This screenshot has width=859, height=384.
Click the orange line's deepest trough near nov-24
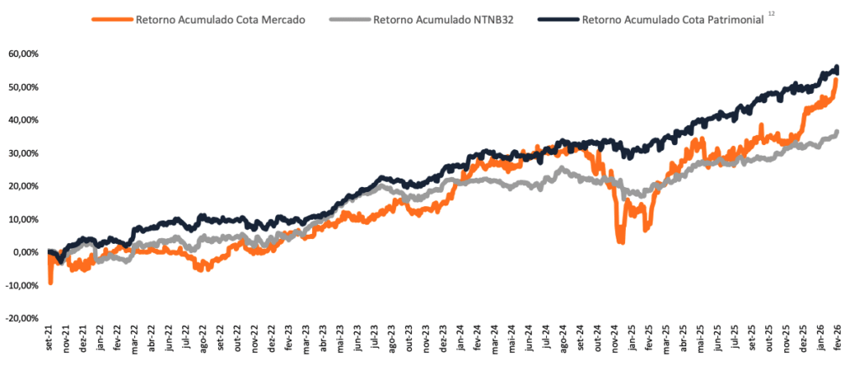click(x=622, y=241)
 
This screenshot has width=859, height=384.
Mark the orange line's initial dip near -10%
click(x=50, y=283)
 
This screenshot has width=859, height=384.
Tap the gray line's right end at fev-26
click(x=837, y=132)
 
